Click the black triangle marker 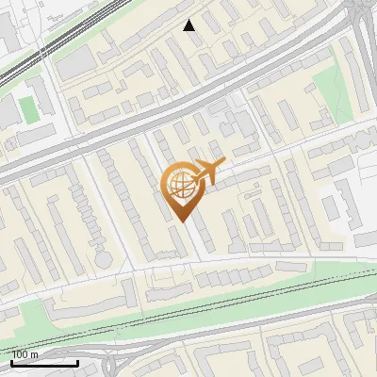coord(189,25)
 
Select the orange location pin coord(182,189)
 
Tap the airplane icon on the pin coord(209,172)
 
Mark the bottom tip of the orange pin coord(182,221)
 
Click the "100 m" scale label coord(25,354)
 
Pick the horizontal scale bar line coord(44,363)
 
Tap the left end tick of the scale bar coord(11,361)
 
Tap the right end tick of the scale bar coord(77,361)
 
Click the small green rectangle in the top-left coord(30,107)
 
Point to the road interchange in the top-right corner coord(363,19)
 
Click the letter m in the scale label coord(34,354)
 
